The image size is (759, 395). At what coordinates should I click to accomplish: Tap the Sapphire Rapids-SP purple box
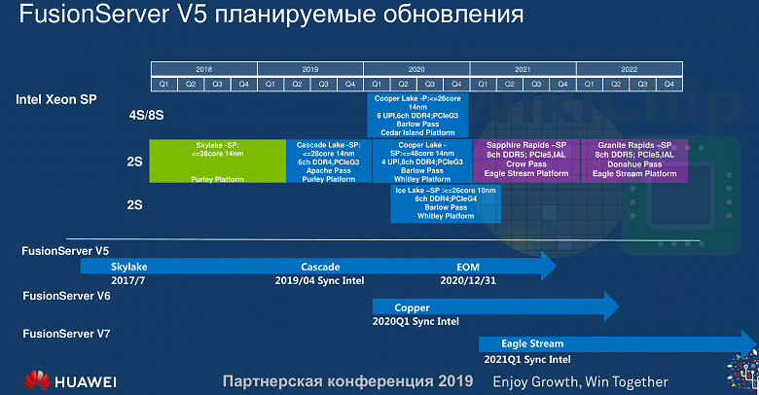point(525,161)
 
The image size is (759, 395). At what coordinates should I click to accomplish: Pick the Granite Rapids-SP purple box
point(633,161)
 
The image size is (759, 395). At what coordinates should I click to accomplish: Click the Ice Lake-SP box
point(445,203)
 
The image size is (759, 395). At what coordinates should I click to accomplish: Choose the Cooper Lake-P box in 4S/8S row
point(417,115)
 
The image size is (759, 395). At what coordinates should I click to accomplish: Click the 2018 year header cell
point(203,70)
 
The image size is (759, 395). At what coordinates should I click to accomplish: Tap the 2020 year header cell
point(417,70)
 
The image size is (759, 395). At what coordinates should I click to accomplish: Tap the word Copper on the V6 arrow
point(413,306)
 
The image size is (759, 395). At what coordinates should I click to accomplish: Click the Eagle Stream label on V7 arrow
point(532,343)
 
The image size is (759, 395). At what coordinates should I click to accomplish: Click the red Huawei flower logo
point(37,379)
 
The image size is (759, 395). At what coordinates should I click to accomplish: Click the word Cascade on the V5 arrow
point(320,266)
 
